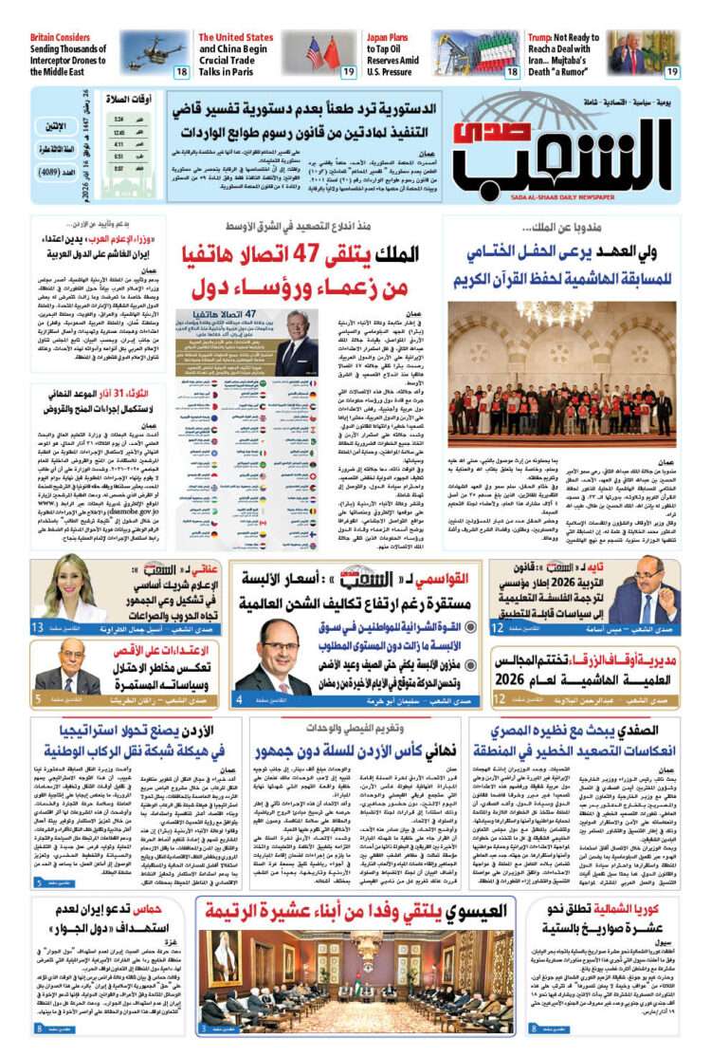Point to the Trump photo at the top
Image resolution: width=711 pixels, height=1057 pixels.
(x=644, y=52)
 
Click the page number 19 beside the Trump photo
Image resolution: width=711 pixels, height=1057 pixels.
(x=671, y=71)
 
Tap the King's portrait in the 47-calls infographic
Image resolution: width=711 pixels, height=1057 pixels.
(x=302, y=342)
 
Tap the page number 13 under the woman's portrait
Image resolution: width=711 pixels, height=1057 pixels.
(x=38, y=628)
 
